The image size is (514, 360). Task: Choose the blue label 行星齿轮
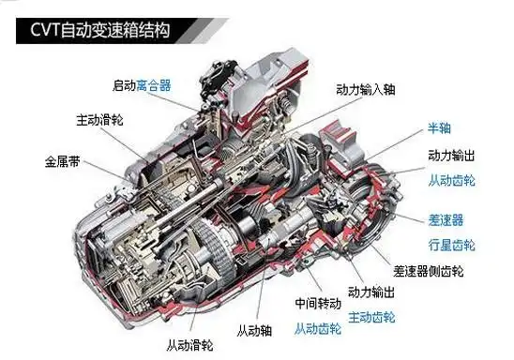(x=451, y=245)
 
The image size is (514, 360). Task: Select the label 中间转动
(x=316, y=305)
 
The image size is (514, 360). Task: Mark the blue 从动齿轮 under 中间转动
(x=316, y=328)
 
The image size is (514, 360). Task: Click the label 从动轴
(x=253, y=329)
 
